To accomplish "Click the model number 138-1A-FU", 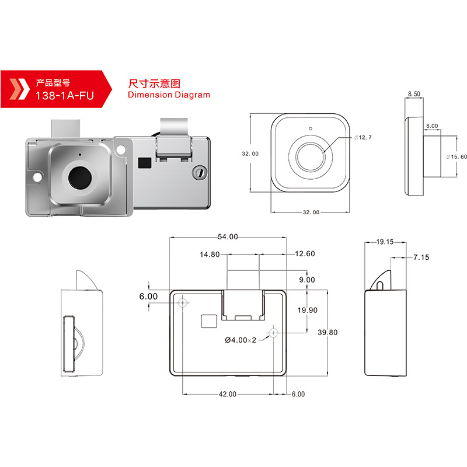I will click(x=64, y=93).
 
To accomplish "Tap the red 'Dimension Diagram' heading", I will click(x=168, y=95).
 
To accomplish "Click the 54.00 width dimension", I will click(x=228, y=236).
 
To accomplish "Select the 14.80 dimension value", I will click(x=210, y=254).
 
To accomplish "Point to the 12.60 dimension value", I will click(x=305, y=254).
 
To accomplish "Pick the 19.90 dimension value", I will click(x=306, y=310).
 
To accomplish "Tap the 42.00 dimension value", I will click(x=228, y=394).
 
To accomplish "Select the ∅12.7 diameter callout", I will click(x=363, y=137).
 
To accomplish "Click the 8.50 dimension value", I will click(x=414, y=93).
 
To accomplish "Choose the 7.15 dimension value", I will click(x=421, y=257).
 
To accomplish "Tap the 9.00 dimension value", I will click(x=306, y=280).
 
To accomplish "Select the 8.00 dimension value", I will click(x=433, y=126).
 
